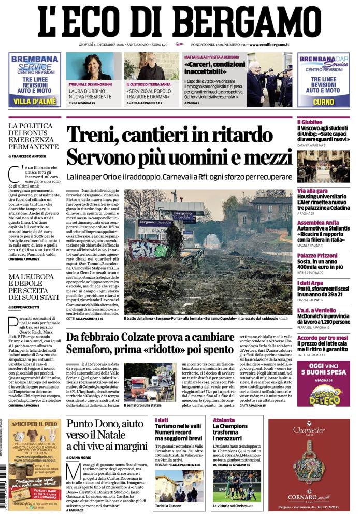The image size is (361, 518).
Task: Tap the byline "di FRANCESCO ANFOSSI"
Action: (29, 156)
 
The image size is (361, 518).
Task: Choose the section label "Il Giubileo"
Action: (310, 121)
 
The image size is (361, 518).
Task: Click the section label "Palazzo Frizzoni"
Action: (316, 256)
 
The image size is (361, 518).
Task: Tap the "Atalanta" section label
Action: (223, 419)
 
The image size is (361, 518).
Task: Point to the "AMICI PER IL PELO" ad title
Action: (35, 423)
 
